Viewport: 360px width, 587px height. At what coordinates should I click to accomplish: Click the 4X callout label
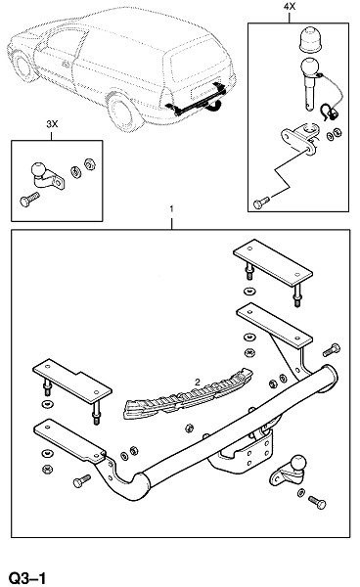tap(290, 7)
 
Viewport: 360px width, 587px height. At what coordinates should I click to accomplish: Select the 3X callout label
tap(52, 124)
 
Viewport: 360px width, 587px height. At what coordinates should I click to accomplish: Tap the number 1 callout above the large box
tap(172, 208)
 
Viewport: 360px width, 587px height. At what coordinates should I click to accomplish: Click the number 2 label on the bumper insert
tap(198, 383)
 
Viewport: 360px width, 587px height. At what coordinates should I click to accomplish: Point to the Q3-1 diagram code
tap(27, 577)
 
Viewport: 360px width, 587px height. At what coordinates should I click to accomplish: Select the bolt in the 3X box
tap(29, 200)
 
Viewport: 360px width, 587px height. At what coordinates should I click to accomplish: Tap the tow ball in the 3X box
tap(38, 169)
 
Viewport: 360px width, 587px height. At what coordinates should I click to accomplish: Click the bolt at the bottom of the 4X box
tap(261, 203)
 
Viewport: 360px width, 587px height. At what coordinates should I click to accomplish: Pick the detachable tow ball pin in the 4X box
tap(309, 83)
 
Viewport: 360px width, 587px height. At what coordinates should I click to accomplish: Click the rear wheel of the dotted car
tap(122, 112)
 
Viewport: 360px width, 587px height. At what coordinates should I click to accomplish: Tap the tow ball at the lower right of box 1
tap(297, 463)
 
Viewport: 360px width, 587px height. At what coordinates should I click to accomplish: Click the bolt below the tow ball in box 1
tap(317, 502)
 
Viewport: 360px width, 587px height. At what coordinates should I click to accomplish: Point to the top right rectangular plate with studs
tap(273, 263)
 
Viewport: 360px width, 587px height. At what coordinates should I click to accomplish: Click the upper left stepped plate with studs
tap(72, 381)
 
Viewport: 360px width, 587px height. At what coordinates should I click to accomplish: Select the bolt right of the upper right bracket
tap(332, 350)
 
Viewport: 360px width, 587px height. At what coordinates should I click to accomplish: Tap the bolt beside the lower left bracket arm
tap(82, 481)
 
